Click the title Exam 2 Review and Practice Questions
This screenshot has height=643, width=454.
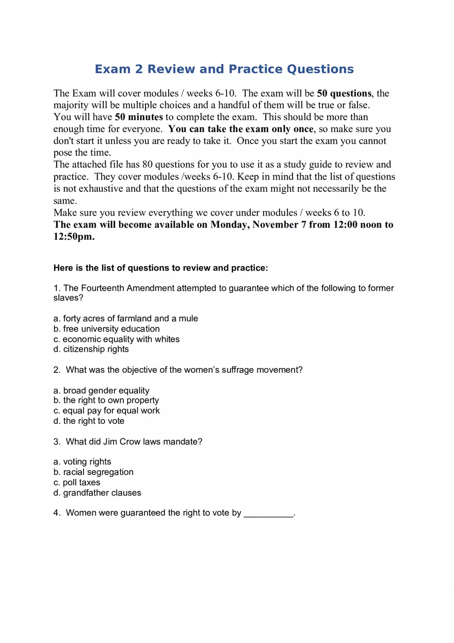[224, 69]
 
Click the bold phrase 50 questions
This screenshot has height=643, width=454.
[344, 93]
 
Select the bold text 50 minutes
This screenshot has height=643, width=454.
[139, 117]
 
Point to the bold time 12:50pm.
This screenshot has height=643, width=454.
[74, 237]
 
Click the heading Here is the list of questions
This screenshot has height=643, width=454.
[160, 268]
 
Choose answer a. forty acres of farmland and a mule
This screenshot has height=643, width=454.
[125, 319]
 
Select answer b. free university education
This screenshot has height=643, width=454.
[106, 329]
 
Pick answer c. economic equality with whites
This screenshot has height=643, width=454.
[117, 339]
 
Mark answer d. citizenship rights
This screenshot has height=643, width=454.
[91, 349]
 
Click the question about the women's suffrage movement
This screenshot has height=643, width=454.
[184, 370]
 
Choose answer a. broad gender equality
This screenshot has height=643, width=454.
[101, 390]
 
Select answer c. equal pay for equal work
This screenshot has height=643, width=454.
[106, 411]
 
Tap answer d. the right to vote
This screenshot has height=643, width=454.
[89, 421]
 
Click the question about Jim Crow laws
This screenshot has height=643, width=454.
[134, 442]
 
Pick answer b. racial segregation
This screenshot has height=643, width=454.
[93, 472]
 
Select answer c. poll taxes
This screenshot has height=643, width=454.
[77, 483]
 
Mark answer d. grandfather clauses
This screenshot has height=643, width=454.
[97, 493]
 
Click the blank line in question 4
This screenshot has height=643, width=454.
[268, 514]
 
